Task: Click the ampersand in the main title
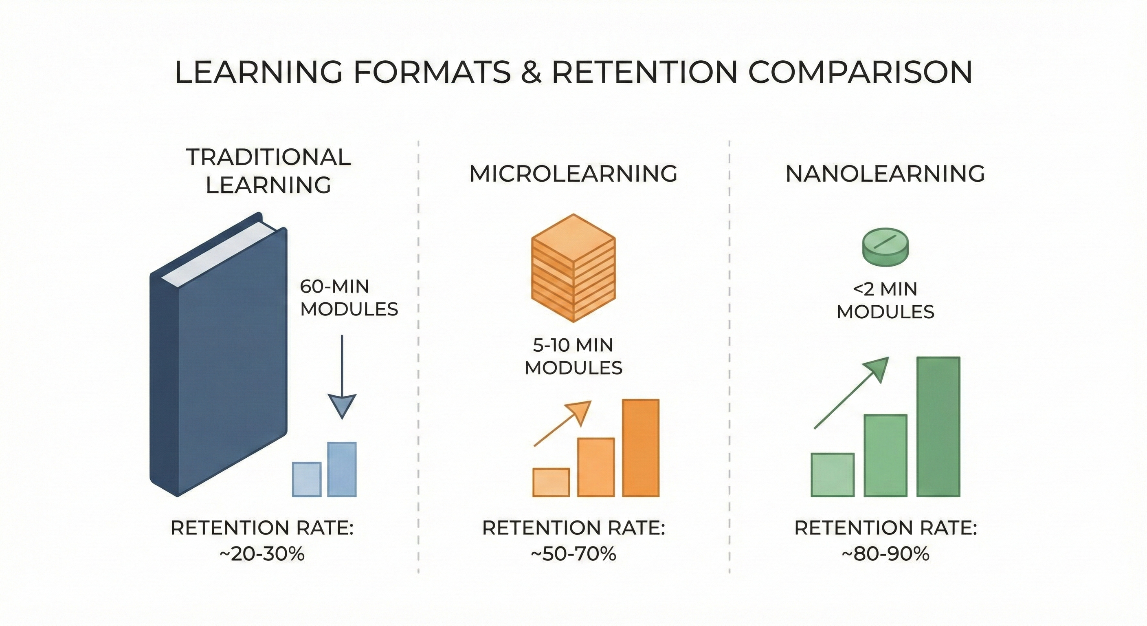[x=531, y=72]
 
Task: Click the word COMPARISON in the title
[x=860, y=72]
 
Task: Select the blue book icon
[x=218, y=354]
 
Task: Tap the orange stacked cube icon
[x=573, y=268]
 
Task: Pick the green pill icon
[x=886, y=248]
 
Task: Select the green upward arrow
[x=851, y=393]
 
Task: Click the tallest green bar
[x=938, y=426]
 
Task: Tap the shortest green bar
[x=833, y=474]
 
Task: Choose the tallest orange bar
[x=641, y=448]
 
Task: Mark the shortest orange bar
[x=551, y=482]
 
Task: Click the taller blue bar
[x=342, y=469]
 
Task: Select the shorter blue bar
[x=307, y=479]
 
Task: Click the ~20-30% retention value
[x=262, y=554]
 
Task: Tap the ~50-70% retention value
[x=573, y=554]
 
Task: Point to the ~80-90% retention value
[x=886, y=554]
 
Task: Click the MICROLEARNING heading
[x=573, y=173]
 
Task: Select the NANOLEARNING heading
[x=885, y=173]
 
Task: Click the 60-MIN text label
[x=335, y=287]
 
